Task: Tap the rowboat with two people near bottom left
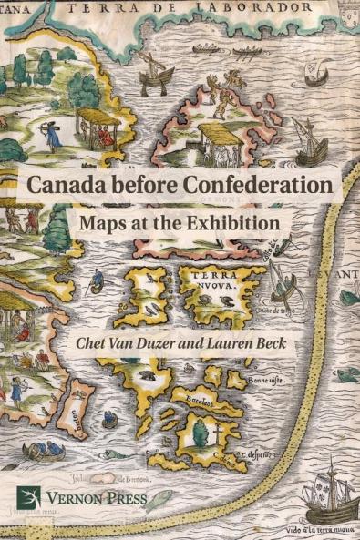point(40,450)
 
